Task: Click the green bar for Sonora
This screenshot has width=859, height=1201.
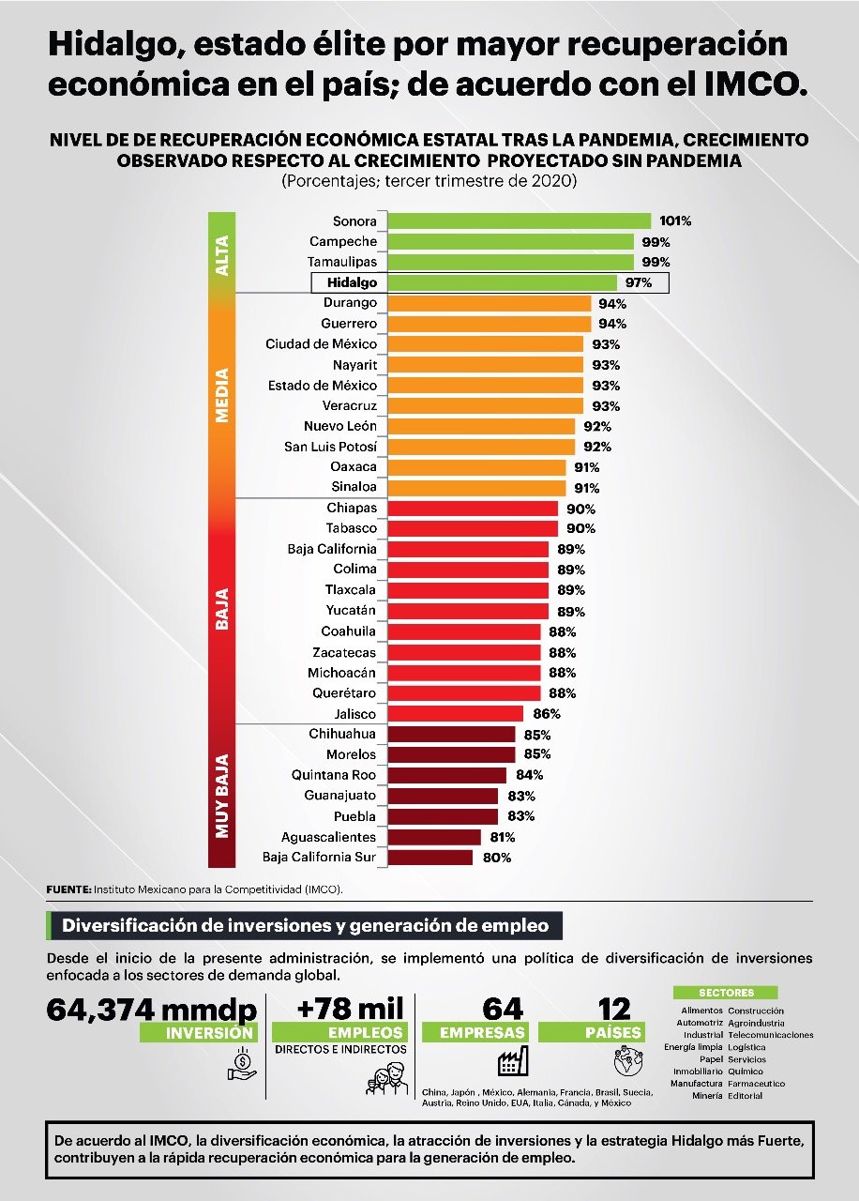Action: point(519,221)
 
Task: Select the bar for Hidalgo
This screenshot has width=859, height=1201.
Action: point(502,282)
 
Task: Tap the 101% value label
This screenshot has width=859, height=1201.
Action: point(675,221)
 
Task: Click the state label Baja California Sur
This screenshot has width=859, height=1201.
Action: point(319,857)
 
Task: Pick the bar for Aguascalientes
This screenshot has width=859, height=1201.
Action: point(433,837)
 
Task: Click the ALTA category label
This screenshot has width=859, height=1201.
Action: point(222,255)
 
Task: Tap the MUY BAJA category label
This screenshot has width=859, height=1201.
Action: point(222,794)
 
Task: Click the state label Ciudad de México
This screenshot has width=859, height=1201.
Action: point(321,344)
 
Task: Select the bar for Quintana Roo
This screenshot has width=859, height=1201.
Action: point(446,775)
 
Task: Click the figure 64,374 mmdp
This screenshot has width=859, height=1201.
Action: point(151,1010)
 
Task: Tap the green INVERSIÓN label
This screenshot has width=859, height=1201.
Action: point(197,1032)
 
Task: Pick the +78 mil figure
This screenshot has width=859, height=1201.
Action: point(350,1009)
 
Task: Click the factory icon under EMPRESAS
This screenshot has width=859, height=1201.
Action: point(512,1063)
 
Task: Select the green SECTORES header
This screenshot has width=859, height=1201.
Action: point(726,993)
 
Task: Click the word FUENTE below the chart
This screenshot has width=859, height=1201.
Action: point(68,888)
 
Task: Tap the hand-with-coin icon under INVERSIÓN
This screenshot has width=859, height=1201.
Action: point(241,1063)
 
